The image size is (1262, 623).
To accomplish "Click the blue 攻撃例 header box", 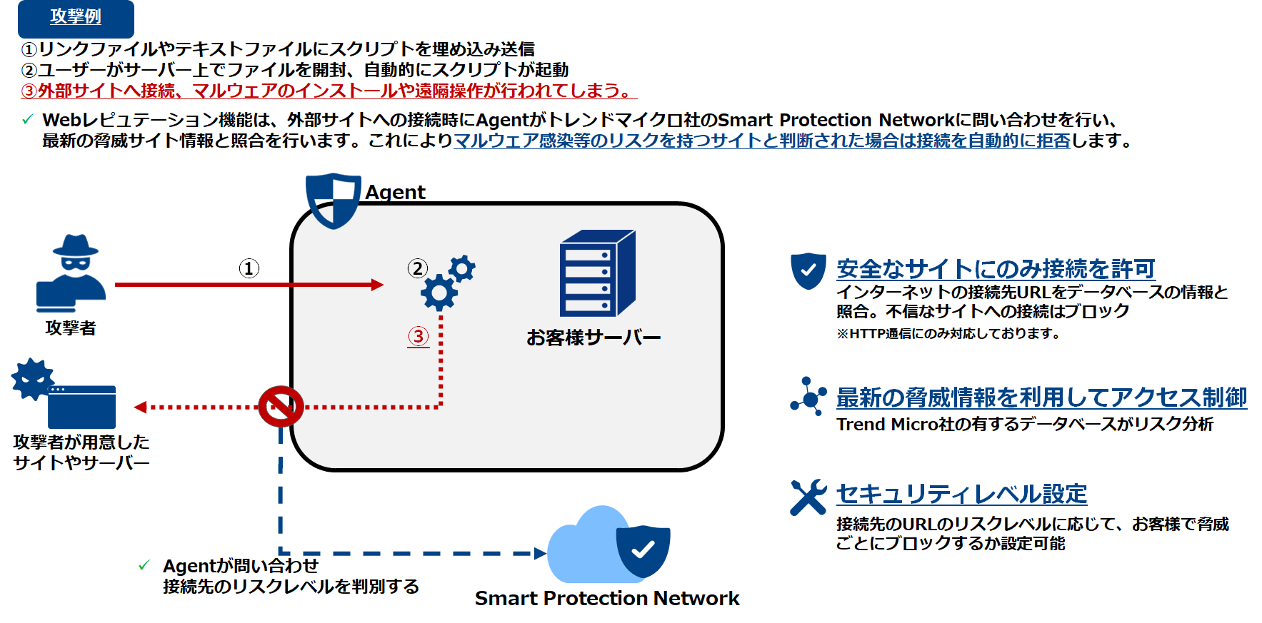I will pyautogui.click(x=76, y=18).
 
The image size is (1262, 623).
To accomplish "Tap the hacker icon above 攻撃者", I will pyautogui.click(x=71, y=273).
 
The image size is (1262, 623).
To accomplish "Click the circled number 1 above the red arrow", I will pyautogui.click(x=249, y=268).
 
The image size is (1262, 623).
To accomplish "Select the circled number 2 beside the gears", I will pyautogui.click(x=418, y=268).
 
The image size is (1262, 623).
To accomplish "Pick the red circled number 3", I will pyautogui.click(x=419, y=336).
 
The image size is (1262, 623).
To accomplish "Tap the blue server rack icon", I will pyautogui.click(x=596, y=273).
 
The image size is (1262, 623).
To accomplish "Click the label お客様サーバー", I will pyautogui.click(x=593, y=338).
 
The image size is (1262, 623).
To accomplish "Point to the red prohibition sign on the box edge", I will pyautogui.click(x=281, y=407).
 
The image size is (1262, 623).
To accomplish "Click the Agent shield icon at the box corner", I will pyautogui.click(x=333, y=200).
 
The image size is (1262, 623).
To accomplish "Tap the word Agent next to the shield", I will pyautogui.click(x=395, y=192).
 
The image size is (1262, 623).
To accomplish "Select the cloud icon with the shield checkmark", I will pyautogui.click(x=609, y=547).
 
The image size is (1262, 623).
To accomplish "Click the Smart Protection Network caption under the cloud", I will pyautogui.click(x=606, y=598).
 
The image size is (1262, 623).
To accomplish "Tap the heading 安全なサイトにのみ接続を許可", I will pyautogui.click(x=996, y=269).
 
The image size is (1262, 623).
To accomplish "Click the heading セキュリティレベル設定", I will pyautogui.click(x=961, y=494).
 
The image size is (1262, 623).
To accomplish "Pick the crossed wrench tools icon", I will pyautogui.click(x=808, y=497).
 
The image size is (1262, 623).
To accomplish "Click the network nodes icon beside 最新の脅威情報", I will pyautogui.click(x=808, y=396).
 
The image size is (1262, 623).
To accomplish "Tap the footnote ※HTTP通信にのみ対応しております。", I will pyautogui.click(x=948, y=333).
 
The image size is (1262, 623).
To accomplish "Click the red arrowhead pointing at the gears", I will pyautogui.click(x=378, y=285).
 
